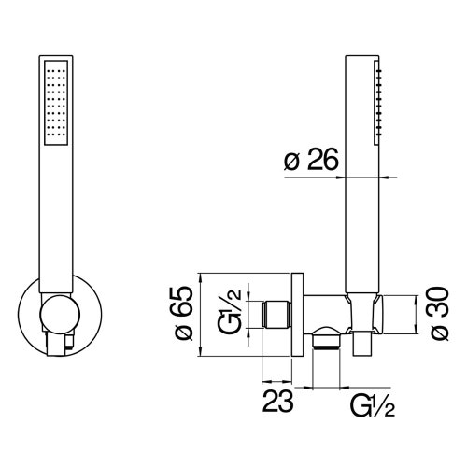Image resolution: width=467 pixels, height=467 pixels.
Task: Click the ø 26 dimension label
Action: [x=311, y=162]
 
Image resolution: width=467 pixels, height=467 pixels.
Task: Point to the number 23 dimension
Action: [x=277, y=403]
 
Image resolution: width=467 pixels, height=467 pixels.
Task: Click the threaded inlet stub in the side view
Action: [x=276, y=313]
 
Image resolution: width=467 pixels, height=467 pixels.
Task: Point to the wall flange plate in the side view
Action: [x=297, y=313]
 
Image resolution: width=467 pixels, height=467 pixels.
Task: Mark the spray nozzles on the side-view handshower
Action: [x=380, y=103]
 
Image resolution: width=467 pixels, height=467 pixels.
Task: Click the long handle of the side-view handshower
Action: [x=360, y=187]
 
